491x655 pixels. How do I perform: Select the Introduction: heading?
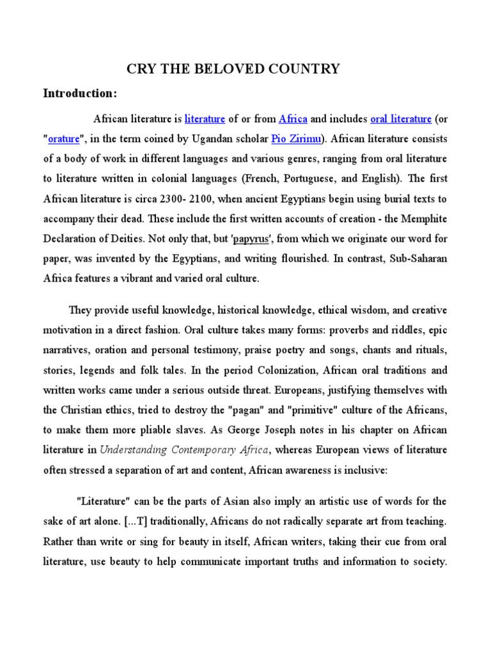point(80,93)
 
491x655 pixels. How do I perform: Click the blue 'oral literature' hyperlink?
point(401,119)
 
